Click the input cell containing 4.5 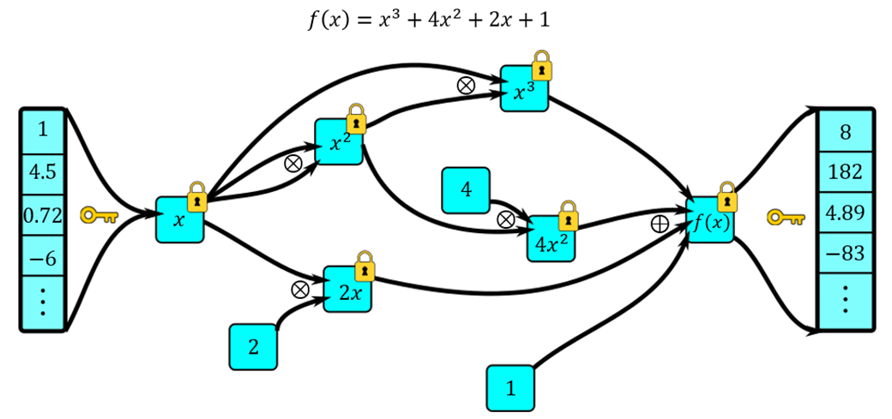[42, 174]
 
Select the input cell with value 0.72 [42, 216]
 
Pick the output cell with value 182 [845, 174]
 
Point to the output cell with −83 [845, 254]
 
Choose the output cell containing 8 [845, 134]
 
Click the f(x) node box [710, 221]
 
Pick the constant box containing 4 [466, 190]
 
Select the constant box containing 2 [253, 347]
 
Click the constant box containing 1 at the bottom [510, 388]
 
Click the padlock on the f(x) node [726, 196]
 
